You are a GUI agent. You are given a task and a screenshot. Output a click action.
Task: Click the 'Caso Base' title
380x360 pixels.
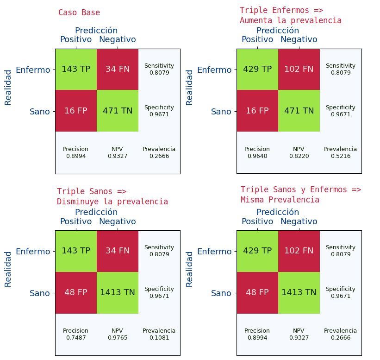[79, 13]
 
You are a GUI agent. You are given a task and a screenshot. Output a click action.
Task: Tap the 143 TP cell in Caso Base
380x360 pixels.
[76, 69]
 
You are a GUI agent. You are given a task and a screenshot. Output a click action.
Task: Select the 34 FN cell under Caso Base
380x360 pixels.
[118, 69]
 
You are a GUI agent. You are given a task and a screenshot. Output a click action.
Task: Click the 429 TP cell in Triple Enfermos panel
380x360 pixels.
[257, 69]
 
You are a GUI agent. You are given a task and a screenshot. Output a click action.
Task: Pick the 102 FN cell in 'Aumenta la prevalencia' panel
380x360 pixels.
[299, 69]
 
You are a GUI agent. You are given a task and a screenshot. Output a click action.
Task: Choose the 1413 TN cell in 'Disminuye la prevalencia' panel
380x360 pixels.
[118, 293]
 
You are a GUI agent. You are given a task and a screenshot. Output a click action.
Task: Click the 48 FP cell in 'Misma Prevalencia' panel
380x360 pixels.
[257, 293]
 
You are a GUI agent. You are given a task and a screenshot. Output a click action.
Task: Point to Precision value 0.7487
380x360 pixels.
[76, 338]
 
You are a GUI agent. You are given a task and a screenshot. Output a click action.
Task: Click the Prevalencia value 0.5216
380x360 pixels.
[341, 156]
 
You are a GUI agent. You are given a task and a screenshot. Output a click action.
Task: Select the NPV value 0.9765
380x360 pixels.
[118, 338]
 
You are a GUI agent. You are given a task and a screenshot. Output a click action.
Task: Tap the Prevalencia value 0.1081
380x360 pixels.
[159, 338]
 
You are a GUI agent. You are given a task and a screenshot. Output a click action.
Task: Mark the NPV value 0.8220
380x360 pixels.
[299, 156]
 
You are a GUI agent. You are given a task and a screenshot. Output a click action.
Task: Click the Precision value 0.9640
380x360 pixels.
[257, 156]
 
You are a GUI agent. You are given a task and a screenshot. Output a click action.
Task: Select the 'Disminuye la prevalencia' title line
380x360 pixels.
[112, 202]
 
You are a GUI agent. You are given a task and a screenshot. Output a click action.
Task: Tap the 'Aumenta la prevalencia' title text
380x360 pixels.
[291, 21]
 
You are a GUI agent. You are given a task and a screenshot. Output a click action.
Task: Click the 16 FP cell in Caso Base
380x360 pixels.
[76, 111]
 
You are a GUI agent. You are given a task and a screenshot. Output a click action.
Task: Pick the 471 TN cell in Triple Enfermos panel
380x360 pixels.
[299, 111]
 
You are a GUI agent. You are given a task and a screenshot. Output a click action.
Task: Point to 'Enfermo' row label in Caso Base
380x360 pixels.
[33, 70]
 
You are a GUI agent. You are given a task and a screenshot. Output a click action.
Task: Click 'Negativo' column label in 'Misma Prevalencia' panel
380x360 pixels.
[299, 222]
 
